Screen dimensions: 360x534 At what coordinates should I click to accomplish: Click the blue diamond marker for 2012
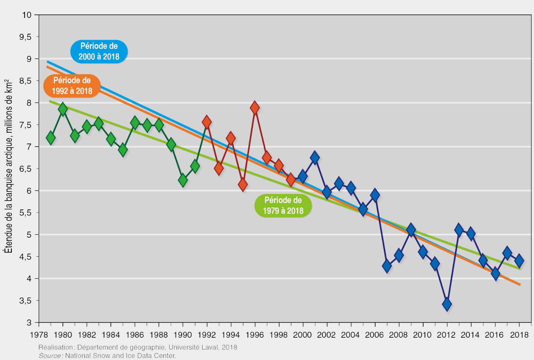447,304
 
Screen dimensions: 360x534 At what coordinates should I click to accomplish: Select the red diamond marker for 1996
255,108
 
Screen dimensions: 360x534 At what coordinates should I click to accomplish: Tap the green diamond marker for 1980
63,109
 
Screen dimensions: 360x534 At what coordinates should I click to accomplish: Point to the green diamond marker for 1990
183,180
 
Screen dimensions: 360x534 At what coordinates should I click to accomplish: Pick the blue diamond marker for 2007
387,266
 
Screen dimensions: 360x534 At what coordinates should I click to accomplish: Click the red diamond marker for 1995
243,184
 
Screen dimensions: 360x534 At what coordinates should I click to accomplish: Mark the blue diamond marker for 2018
519,261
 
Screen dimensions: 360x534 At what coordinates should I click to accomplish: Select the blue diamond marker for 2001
315,157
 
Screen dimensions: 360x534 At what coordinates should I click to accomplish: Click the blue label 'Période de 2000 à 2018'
99,51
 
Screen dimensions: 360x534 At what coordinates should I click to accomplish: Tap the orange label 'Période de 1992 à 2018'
72,86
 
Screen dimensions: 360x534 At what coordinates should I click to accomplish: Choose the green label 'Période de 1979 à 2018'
283,205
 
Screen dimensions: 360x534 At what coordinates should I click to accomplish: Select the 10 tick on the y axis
27,15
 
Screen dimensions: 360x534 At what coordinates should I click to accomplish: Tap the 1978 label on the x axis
39,335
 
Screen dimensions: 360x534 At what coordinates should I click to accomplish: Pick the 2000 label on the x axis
302,335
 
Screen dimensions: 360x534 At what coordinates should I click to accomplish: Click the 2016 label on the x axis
494,335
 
